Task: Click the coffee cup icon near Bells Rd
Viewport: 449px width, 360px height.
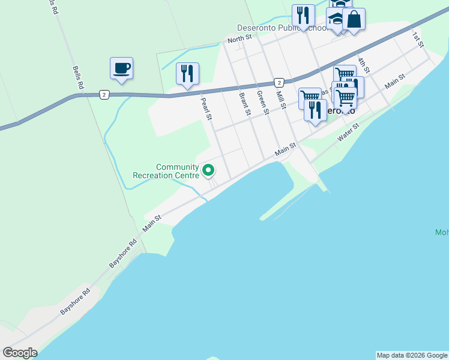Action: (121, 68)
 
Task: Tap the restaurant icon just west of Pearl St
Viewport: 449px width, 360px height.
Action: (187, 74)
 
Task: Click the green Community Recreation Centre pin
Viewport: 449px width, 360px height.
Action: (209, 170)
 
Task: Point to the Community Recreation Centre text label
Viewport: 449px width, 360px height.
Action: (166, 171)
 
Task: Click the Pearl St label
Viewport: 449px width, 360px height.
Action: (206, 109)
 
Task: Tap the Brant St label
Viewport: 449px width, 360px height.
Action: (244, 104)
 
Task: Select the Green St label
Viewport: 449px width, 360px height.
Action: (262, 102)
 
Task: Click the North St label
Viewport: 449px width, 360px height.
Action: (238, 40)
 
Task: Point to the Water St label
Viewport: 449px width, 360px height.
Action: (348, 133)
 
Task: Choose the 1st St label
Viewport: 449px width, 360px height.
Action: (418, 40)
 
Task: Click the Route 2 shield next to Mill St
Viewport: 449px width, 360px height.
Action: (279, 82)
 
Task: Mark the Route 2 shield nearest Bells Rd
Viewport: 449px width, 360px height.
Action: (104, 95)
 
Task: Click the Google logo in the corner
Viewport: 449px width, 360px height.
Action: (20, 353)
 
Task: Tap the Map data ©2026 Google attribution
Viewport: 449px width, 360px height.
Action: (412, 355)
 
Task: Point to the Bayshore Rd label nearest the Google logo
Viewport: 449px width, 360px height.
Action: (74, 302)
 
